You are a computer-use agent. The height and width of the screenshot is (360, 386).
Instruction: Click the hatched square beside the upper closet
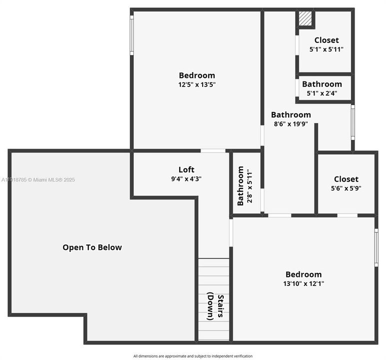[x=305, y=19]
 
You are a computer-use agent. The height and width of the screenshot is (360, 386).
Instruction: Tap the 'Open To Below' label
[x=92, y=247]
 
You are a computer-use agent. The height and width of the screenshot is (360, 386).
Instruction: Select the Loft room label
[x=186, y=169]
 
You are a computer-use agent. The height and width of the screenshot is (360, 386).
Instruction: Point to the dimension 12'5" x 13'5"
[x=197, y=84]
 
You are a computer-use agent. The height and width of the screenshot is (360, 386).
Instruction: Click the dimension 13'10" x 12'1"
[x=304, y=283]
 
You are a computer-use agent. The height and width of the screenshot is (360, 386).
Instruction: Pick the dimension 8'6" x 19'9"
[x=291, y=124]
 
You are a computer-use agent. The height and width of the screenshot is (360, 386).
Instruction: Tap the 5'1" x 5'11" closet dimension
[x=326, y=49]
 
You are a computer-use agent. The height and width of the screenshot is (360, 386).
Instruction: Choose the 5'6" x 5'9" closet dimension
[x=346, y=188]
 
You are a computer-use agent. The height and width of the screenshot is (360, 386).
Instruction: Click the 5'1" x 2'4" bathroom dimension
[x=322, y=92]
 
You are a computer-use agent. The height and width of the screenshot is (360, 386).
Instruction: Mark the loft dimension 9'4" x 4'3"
[x=186, y=178]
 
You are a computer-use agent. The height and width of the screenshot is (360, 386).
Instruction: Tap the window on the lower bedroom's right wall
[x=376, y=247]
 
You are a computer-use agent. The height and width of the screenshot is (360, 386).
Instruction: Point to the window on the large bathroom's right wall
[x=353, y=122]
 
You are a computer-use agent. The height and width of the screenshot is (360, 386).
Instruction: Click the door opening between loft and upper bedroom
[x=213, y=150]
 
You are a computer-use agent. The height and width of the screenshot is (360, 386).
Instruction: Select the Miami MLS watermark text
[x=38, y=179]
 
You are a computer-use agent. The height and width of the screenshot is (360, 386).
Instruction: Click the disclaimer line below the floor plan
[x=193, y=356]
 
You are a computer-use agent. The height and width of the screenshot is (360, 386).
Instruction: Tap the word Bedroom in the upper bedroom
[x=197, y=75]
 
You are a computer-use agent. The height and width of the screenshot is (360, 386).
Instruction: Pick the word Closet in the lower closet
[x=346, y=179]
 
